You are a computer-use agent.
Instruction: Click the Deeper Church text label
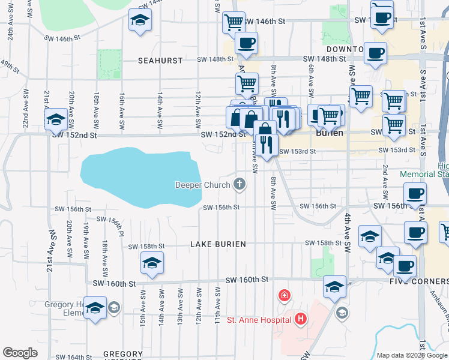pyautogui.click(x=202, y=185)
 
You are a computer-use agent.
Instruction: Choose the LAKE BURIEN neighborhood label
pyautogui.click(x=218, y=245)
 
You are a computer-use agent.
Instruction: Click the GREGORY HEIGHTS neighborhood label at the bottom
pyautogui.click(x=123, y=355)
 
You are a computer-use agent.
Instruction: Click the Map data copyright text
pyautogui.click(x=412, y=355)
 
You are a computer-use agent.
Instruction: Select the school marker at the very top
pyautogui.click(x=140, y=20)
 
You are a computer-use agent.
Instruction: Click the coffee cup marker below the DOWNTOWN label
pyautogui.click(x=375, y=53)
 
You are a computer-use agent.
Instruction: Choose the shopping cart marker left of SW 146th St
pyautogui.click(x=234, y=22)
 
